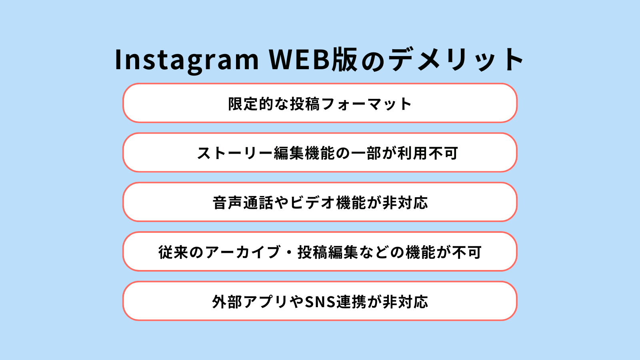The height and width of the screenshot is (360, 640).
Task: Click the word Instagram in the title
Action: [x=186, y=60]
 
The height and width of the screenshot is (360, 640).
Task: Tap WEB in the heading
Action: [x=300, y=60]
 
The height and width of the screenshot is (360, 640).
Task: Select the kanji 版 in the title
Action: [x=345, y=60]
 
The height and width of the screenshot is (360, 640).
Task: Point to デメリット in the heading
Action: [x=456, y=60]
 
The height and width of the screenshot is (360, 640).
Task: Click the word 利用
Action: [x=412, y=153]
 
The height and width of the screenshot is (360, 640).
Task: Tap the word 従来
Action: [x=174, y=252]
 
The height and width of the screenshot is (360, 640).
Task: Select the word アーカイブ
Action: [x=242, y=252]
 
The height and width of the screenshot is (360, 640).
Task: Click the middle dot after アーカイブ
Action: [x=289, y=252]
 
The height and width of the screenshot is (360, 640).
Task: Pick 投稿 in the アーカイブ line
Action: [x=312, y=252]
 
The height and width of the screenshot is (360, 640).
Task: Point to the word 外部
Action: [x=227, y=302]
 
